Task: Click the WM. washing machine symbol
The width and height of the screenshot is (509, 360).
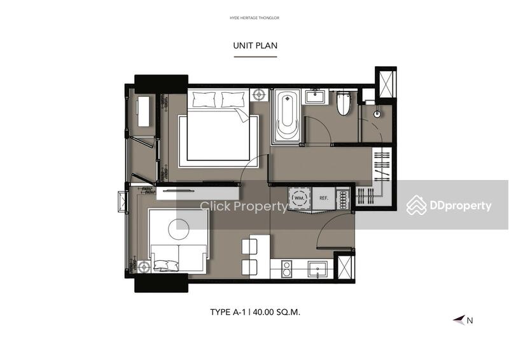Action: point(299,198)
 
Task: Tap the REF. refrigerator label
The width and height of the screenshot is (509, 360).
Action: point(323,198)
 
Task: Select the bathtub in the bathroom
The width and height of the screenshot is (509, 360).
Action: point(286,116)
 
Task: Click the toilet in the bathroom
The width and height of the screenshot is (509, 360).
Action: point(343,103)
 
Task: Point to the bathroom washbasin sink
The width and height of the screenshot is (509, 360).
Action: point(314,97)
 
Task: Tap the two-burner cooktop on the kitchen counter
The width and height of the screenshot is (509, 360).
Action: point(286,270)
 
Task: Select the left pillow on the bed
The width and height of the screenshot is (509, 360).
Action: point(204,99)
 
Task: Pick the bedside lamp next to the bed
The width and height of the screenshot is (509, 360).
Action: point(259,95)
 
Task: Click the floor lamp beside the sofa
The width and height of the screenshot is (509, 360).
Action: point(144,267)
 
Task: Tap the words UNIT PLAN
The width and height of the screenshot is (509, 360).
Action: point(255,45)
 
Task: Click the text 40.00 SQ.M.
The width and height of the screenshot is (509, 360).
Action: point(277,312)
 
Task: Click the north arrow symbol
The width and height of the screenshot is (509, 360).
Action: point(459,320)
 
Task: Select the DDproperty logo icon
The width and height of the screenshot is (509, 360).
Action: point(417,205)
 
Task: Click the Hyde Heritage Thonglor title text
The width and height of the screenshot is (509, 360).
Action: point(254,18)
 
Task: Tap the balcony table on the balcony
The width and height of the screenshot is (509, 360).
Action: point(144,111)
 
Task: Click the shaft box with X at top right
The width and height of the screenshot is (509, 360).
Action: point(386,83)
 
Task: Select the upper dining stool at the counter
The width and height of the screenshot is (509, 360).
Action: point(249,247)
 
